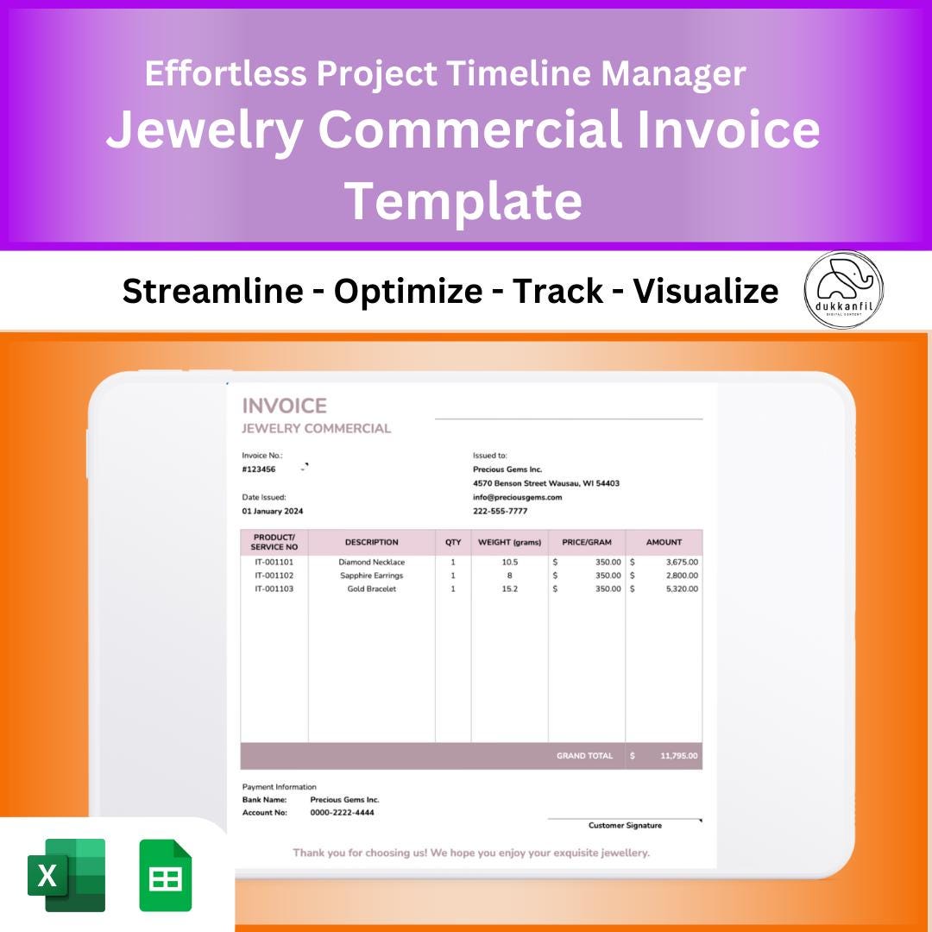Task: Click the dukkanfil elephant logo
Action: [844, 290]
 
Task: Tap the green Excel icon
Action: [66, 875]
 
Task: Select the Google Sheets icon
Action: [166, 875]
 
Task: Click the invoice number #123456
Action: [259, 469]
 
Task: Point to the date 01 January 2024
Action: [273, 511]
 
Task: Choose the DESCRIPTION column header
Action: [371, 542]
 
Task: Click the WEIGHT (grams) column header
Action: [509, 542]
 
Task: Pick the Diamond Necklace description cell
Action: [371, 562]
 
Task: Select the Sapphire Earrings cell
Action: [371, 576]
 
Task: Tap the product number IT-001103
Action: [274, 589]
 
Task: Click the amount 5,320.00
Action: [682, 589]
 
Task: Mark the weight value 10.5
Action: [509, 562]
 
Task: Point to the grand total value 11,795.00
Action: [679, 756]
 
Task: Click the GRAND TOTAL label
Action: [584, 756]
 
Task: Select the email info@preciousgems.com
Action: [517, 497]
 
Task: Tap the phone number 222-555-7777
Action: [500, 511]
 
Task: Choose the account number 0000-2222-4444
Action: [342, 812]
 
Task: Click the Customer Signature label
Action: [625, 826]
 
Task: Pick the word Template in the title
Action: [463, 200]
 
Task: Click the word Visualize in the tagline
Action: [705, 292]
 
